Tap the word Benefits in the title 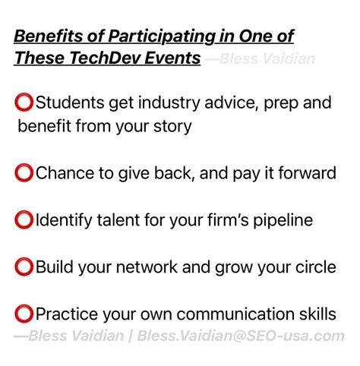pyautogui.click(x=46, y=36)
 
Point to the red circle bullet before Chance pyautogui.click(x=24, y=173)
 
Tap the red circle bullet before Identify pyautogui.click(x=24, y=220)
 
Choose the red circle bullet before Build pyautogui.click(x=24, y=267)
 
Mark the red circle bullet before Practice pyautogui.click(x=24, y=314)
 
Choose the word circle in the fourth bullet pyautogui.click(x=311, y=267)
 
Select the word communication pyautogui.click(x=238, y=314)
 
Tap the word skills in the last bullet pyautogui.click(x=314, y=314)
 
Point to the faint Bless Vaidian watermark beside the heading pyautogui.click(x=266, y=59)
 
